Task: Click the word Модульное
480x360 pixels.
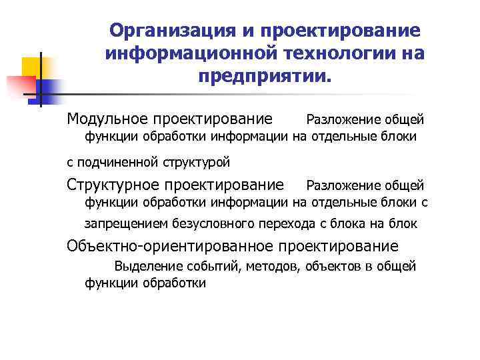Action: tap(106, 119)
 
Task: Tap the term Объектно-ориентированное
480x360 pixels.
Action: tap(170, 246)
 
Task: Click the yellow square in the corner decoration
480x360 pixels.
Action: tap(32, 67)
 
